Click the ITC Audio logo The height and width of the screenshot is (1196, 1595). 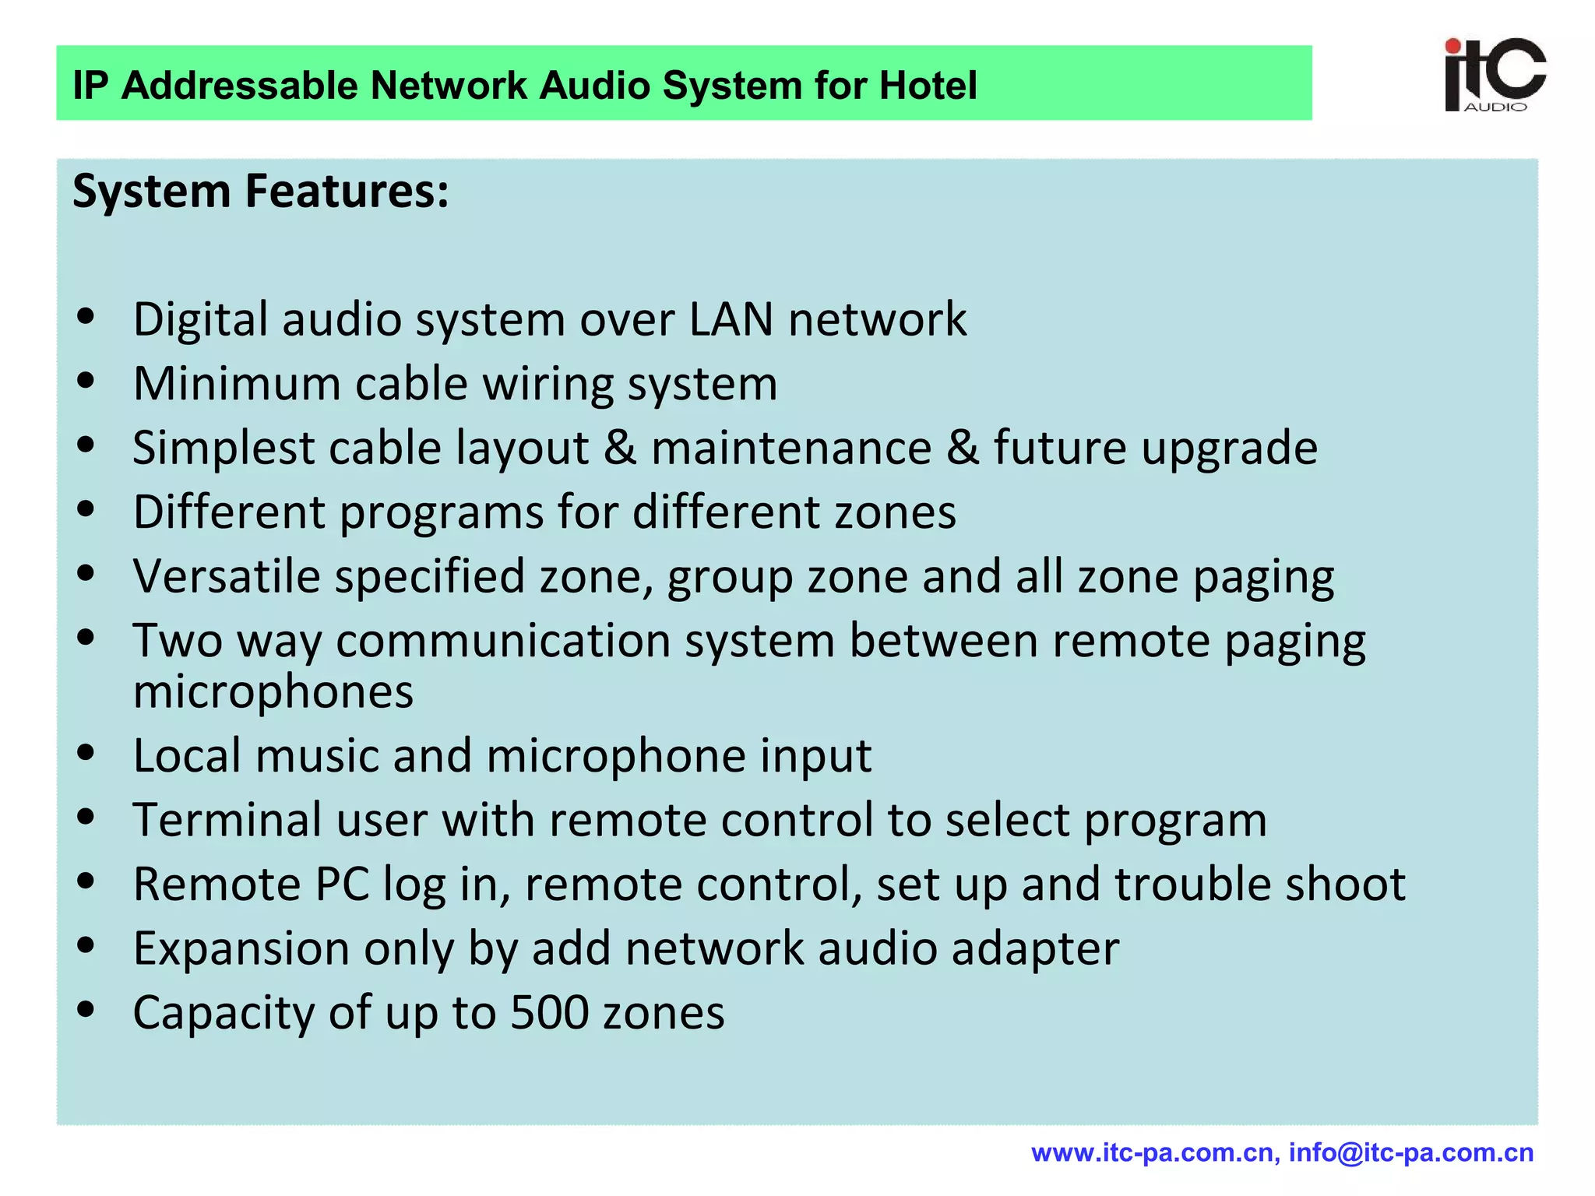click(x=1494, y=76)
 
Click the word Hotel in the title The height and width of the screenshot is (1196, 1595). click(x=928, y=86)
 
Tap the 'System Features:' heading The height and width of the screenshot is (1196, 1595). click(x=261, y=192)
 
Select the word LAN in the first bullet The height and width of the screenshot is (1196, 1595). click(x=731, y=319)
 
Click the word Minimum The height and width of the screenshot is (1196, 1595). click(x=237, y=384)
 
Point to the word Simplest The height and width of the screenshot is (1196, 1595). click(x=223, y=448)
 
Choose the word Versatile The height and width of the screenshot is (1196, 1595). click(x=227, y=577)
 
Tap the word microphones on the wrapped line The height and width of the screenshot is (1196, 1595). click(x=273, y=691)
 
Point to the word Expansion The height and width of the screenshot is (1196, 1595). click(x=241, y=949)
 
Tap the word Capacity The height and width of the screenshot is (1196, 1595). click(x=224, y=1013)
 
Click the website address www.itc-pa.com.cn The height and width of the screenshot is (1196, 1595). click(x=1152, y=1153)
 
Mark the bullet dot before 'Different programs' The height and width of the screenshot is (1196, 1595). click(x=86, y=509)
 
